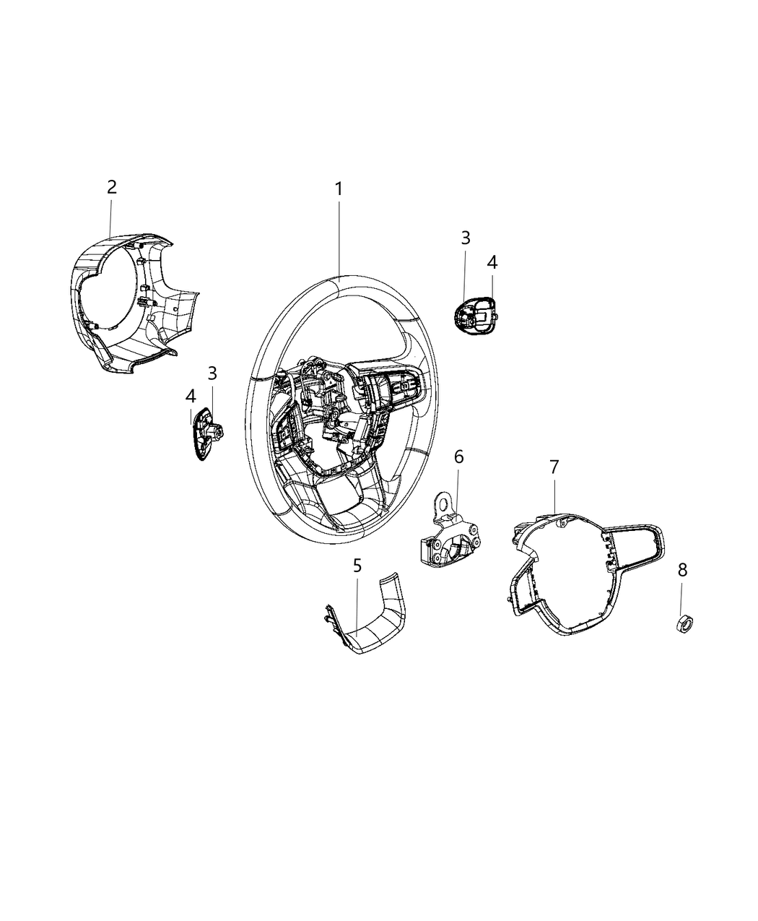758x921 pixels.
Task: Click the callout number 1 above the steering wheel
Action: point(338,189)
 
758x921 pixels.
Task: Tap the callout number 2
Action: point(112,188)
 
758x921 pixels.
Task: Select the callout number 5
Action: point(357,566)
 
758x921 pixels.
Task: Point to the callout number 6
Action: point(458,457)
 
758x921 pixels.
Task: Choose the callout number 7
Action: point(554,467)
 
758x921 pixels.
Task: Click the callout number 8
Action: point(682,571)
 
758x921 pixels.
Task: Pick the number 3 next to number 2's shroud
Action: point(212,373)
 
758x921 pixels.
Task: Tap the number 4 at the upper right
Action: point(492,262)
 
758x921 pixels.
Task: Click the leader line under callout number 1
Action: point(339,241)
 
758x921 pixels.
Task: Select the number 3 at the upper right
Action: point(466,238)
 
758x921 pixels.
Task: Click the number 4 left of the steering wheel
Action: point(191,397)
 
